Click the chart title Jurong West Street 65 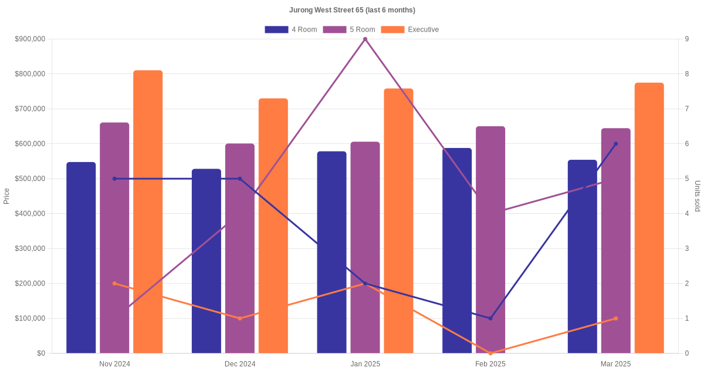point(352,10)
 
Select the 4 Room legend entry point(291,29)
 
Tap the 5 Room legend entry point(348,29)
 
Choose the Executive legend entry point(409,29)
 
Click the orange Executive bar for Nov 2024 point(148,211)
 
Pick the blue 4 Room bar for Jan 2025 point(331,253)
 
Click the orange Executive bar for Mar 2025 point(649,218)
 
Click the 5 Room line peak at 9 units point(365,39)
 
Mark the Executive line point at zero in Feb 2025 point(490,353)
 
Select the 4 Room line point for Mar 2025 point(615,144)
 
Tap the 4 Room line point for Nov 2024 point(114,179)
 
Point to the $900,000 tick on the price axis point(30,39)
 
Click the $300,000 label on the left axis point(30,248)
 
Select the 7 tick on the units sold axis point(686,109)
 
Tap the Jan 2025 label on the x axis point(365,364)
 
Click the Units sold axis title point(698,196)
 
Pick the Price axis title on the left point(6,196)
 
